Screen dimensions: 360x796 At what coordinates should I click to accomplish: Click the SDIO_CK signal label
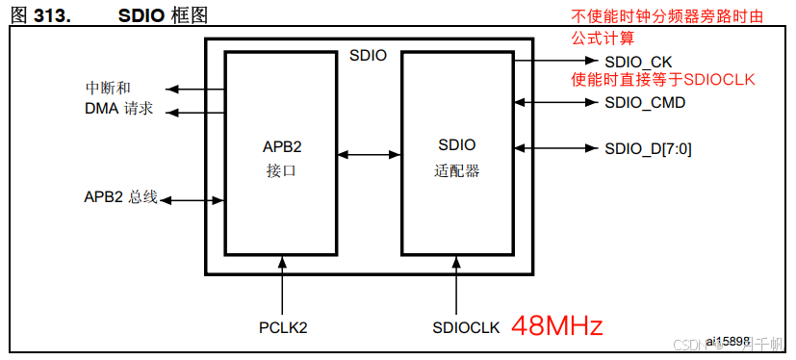(638, 61)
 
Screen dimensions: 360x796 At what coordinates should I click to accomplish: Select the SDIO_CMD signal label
(645, 102)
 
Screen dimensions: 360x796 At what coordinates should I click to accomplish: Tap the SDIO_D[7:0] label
(648, 148)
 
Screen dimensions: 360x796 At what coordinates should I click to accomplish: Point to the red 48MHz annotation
(556, 325)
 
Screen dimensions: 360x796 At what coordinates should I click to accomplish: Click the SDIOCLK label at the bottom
(466, 327)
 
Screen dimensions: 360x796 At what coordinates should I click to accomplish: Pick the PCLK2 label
(283, 327)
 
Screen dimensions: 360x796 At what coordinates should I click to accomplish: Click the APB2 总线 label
(120, 197)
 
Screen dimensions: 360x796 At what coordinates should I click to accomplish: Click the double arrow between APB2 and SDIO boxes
(370, 153)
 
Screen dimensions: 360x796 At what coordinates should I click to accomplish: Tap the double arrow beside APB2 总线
(192, 200)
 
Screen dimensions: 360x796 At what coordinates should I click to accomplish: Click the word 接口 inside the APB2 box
(283, 171)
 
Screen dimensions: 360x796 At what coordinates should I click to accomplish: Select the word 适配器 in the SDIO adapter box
(456, 171)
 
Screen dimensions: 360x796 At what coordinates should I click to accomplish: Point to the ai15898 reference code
(729, 341)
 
